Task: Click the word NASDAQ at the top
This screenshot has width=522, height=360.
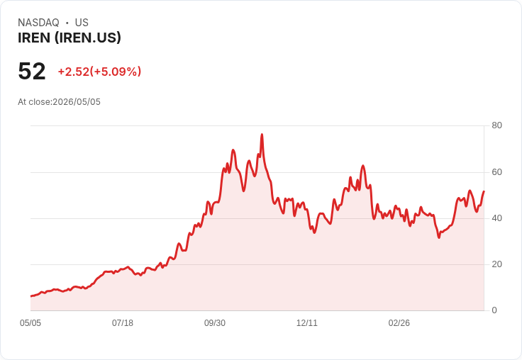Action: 38,23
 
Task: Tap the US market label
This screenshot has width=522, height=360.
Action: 82,23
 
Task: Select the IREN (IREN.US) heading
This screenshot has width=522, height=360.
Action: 70,38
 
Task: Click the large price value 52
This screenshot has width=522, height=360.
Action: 32,71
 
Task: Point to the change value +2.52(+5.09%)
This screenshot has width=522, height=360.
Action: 99,72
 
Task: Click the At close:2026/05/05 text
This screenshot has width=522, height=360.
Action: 59,102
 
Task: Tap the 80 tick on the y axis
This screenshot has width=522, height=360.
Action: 496,125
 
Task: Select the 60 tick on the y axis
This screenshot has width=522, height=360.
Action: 496,172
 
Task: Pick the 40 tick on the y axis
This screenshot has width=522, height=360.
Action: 496,218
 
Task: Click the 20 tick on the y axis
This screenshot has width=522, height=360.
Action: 496,264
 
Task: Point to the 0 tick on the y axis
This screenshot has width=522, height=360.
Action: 494,310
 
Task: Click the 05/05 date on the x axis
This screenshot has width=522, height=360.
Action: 30,323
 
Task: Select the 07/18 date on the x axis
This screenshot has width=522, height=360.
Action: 123,323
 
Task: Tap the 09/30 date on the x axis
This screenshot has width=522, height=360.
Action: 215,323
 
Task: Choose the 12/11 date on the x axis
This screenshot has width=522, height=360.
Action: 307,323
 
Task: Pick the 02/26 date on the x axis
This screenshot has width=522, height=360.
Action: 399,323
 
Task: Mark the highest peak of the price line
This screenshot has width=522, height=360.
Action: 262,135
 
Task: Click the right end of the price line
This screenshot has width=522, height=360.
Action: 484,191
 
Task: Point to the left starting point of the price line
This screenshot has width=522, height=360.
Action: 31,296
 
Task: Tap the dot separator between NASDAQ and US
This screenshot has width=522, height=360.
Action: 67,23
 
